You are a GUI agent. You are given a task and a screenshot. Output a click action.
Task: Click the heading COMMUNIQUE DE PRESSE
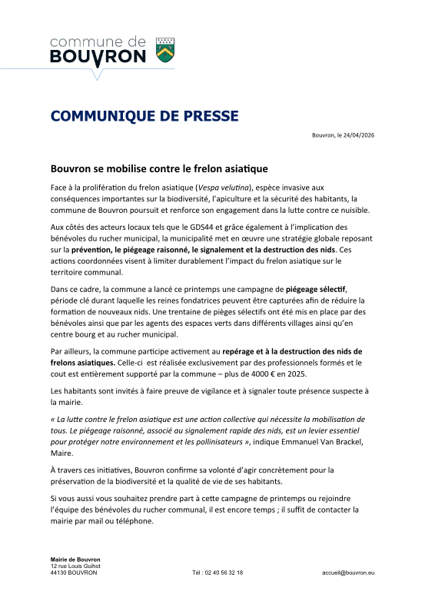pyautogui.click(x=144, y=116)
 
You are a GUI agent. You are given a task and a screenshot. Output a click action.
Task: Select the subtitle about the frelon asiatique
pyautogui.click(x=159, y=167)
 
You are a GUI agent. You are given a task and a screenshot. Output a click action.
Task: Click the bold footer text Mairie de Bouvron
pyautogui.click(x=75, y=559)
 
